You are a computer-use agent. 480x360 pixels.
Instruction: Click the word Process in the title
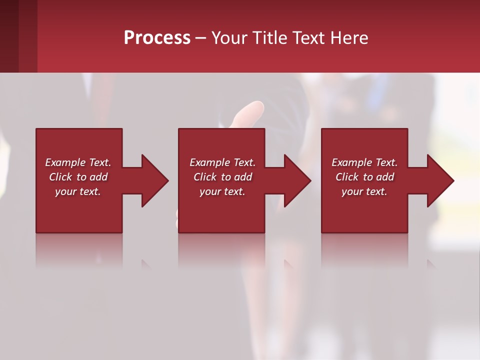click(x=157, y=38)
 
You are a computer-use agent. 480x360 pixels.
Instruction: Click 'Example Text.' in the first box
click(x=78, y=162)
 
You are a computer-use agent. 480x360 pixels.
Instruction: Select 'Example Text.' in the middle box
click(x=222, y=162)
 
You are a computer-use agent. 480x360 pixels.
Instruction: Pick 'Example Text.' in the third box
click(x=364, y=162)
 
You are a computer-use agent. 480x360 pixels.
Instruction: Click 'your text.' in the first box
click(x=78, y=191)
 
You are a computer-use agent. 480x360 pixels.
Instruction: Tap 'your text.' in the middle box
click(x=222, y=191)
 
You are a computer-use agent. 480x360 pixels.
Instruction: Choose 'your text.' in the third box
click(x=364, y=191)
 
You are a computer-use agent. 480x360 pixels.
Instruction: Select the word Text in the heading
click(x=308, y=38)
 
